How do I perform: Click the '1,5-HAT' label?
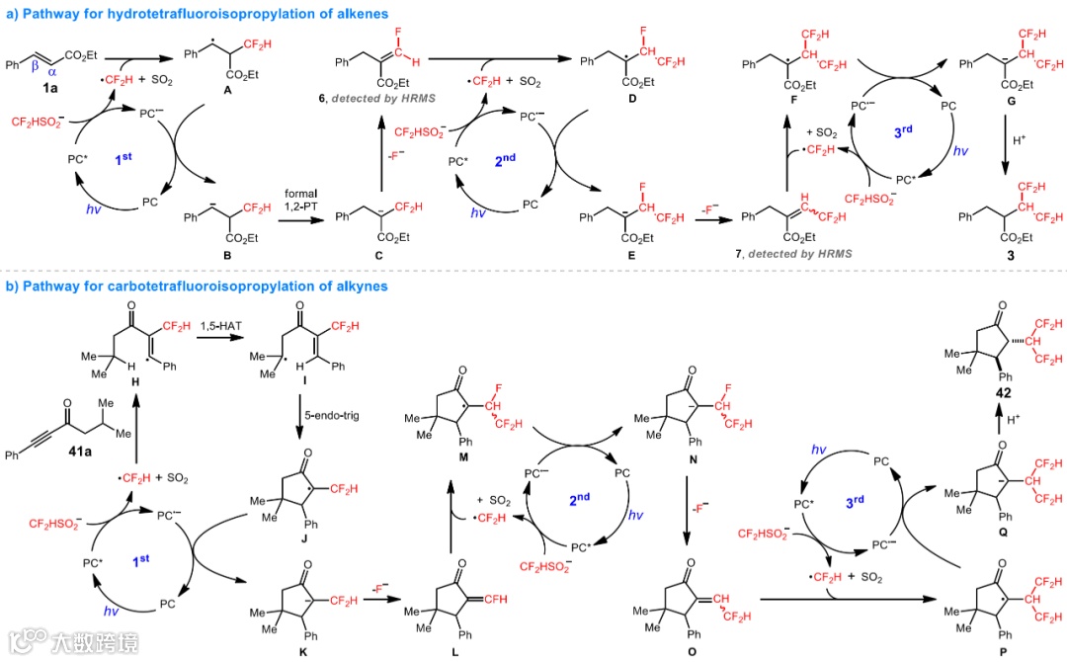pyautogui.click(x=220, y=325)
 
